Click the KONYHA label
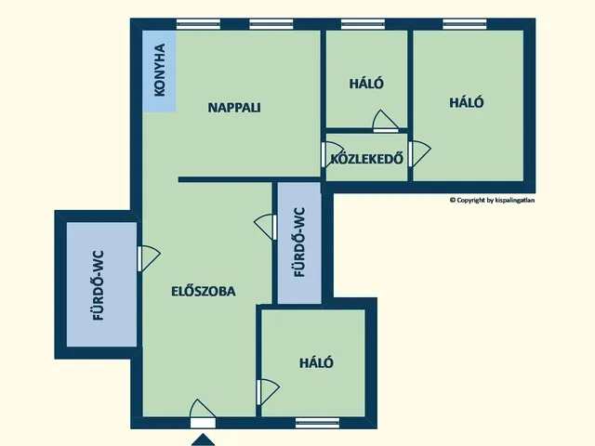(160, 72)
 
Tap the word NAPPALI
(233, 107)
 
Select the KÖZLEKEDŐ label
(366, 158)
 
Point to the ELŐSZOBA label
(204, 291)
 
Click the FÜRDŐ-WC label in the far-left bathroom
(97, 286)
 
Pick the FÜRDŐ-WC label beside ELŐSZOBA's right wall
(299, 243)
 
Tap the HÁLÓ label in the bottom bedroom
(316, 362)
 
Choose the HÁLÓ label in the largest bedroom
(467, 103)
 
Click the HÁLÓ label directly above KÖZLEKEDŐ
(366, 83)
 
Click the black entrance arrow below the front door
(203, 438)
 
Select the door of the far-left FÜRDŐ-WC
(147, 257)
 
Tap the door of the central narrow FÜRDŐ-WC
(267, 226)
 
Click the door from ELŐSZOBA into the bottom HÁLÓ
(266, 390)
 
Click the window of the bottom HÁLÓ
(317, 424)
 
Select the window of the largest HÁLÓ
(466, 25)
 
